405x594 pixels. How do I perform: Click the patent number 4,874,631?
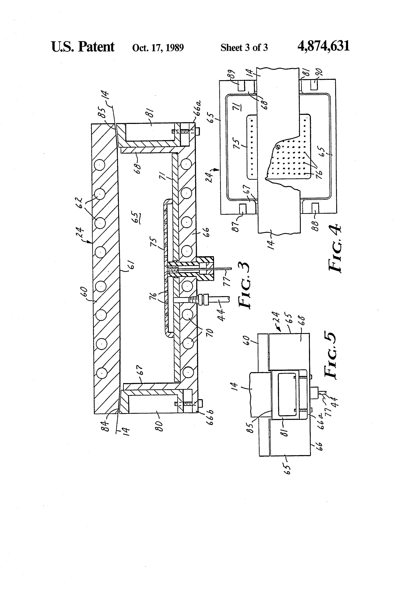(x=323, y=47)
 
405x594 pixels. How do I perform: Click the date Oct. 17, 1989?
(x=158, y=48)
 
